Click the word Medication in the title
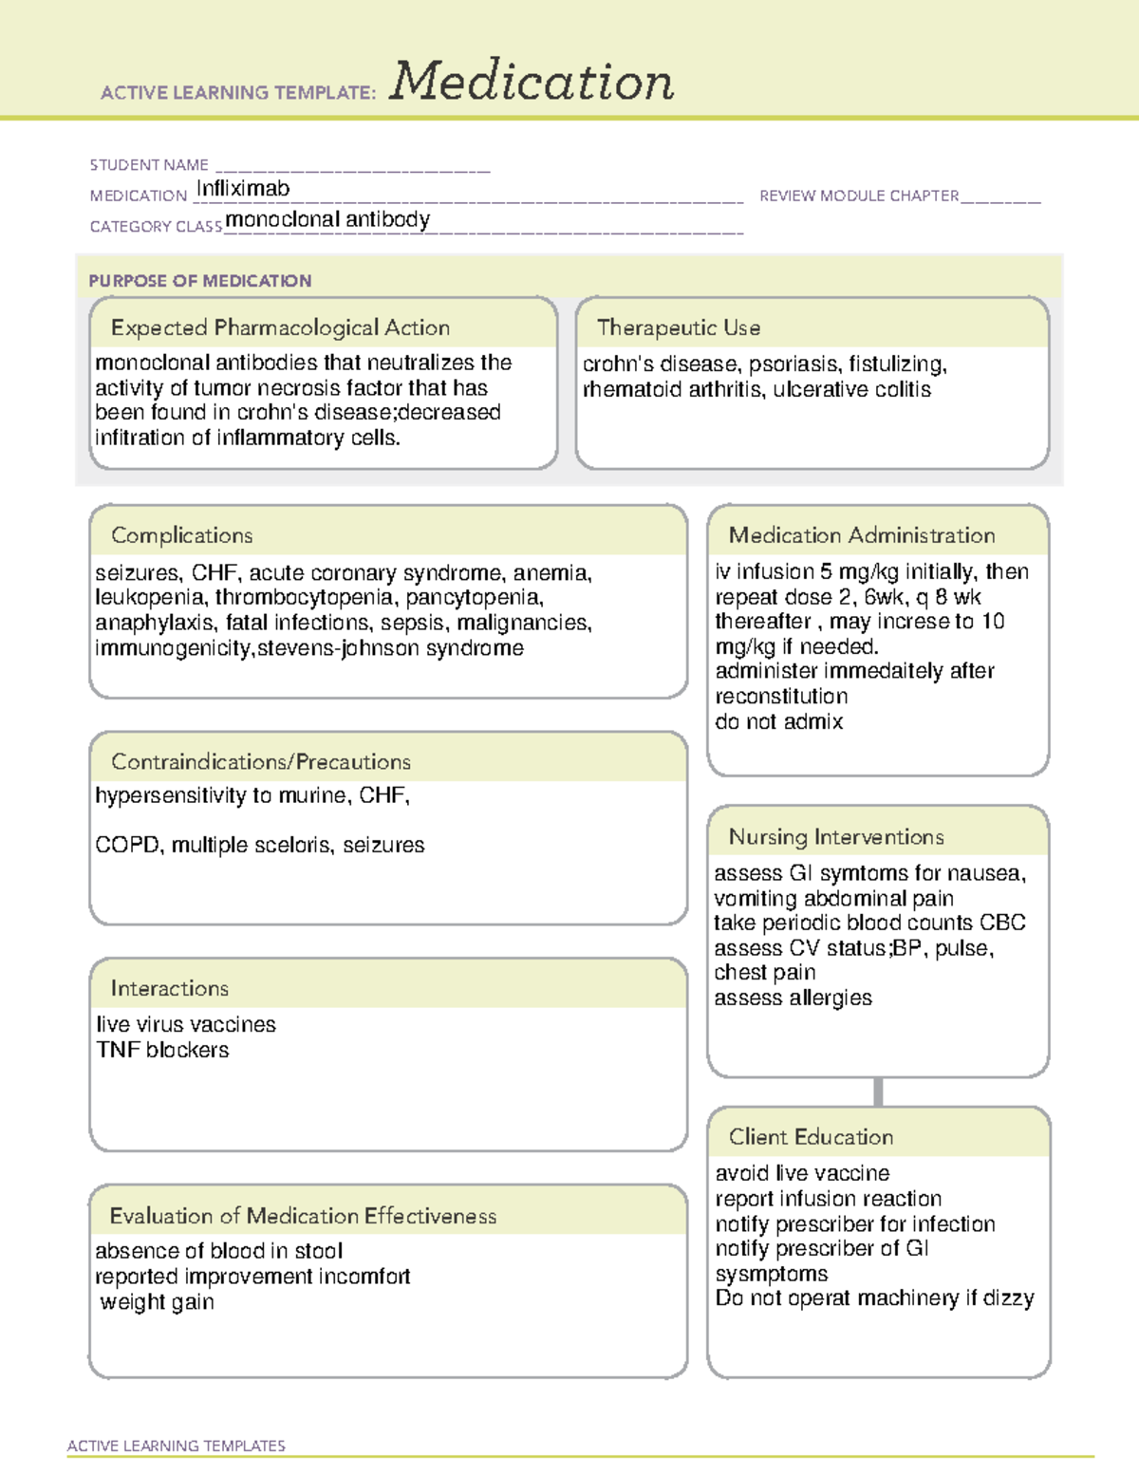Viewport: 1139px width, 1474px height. pyautogui.click(x=532, y=82)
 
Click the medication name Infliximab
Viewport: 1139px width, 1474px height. pyautogui.click(x=243, y=189)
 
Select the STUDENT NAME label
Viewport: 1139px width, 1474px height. pyautogui.click(x=149, y=165)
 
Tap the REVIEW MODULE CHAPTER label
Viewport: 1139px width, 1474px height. pyautogui.click(x=859, y=196)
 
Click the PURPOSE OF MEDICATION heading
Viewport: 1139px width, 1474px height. pyautogui.click(x=199, y=281)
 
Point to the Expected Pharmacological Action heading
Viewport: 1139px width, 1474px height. pyautogui.click(x=280, y=327)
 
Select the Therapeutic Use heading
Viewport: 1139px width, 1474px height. pyautogui.click(x=679, y=327)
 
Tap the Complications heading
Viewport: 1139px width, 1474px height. pyautogui.click(x=181, y=535)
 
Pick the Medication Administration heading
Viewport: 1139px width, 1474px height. pyautogui.click(x=862, y=535)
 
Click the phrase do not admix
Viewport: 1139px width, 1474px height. pyautogui.click(x=778, y=721)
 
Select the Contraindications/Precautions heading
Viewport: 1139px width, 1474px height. pyautogui.click(x=261, y=761)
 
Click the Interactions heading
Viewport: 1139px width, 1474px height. pyautogui.click(x=169, y=988)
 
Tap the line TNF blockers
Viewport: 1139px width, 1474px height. pyautogui.click(x=162, y=1050)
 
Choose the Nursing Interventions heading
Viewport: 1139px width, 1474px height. pyautogui.click(x=836, y=836)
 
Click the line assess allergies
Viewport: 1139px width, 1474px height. pyautogui.click(x=793, y=998)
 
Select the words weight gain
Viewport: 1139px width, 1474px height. pyautogui.click(x=157, y=1302)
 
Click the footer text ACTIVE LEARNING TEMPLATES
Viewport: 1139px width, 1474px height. pyautogui.click(x=176, y=1446)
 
